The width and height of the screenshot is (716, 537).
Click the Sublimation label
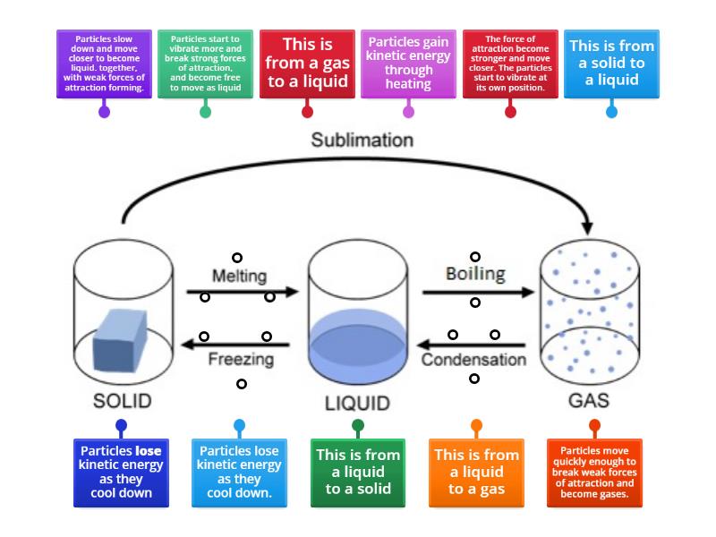[362, 140]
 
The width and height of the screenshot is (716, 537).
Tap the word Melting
[239, 276]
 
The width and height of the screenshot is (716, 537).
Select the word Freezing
[239, 361]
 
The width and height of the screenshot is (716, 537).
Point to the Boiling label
[475, 274]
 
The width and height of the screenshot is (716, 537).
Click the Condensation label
[473, 360]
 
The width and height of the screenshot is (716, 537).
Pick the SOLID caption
[123, 400]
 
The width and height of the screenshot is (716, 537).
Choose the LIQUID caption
[357, 404]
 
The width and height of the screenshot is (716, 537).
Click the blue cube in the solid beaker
[117, 338]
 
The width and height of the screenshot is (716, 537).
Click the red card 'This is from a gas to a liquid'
[307, 64]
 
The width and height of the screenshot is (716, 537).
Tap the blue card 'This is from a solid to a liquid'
[611, 64]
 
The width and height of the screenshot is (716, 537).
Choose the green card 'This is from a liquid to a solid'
[358, 472]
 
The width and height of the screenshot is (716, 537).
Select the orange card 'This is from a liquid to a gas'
[476, 472]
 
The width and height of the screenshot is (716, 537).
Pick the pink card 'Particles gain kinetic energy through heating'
[408, 64]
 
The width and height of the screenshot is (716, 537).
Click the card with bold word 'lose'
[121, 472]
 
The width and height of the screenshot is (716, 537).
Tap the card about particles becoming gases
[594, 472]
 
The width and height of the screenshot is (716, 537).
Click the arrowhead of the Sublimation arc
[587, 226]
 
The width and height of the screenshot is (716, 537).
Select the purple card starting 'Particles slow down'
[104, 64]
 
